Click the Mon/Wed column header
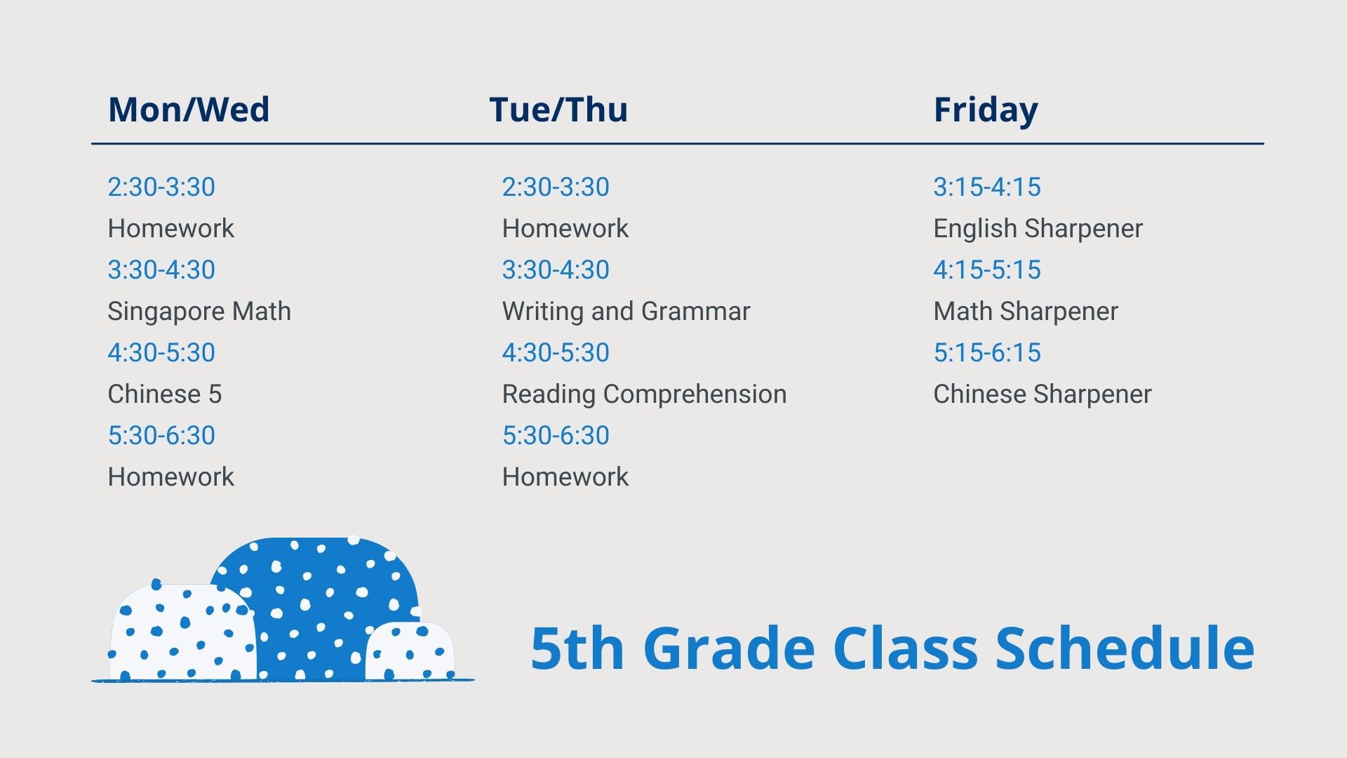pyautogui.click(x=189, y=110)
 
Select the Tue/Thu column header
pyautogui.click(x=558, y=110)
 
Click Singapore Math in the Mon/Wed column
pyautogui.click(x=199, y=312)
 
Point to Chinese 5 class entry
pyautogui.click(x=165, y=394)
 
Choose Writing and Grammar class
pyautogui.click(x=626, y=312)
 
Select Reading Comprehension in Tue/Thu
pyautogui.click(x=644, y=394)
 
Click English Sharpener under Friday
pyautogui.click(x=1038, y=229)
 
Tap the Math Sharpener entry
pyautogui.click(x=1026, y=312)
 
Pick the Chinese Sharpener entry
pyautogui.click(x=1043, y=394)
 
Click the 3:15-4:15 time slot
pyautogui.click(x=987, y=187)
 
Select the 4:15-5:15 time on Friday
pyautogui.click(x=987, y=270)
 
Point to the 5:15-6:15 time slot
pyautogui.click(x=987, y=352)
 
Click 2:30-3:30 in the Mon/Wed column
pyautogui.click(x=161, y=187)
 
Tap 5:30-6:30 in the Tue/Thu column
pyautogui.click(x=556, y=435)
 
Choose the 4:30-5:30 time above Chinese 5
pyautogui.click(x=161, y=352)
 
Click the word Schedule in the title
pyautogui.click(x=1125, y=648)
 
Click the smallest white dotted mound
pyautogui.click(x=410, y=652)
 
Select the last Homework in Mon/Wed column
pyautogui.click(x=171, y=477)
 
